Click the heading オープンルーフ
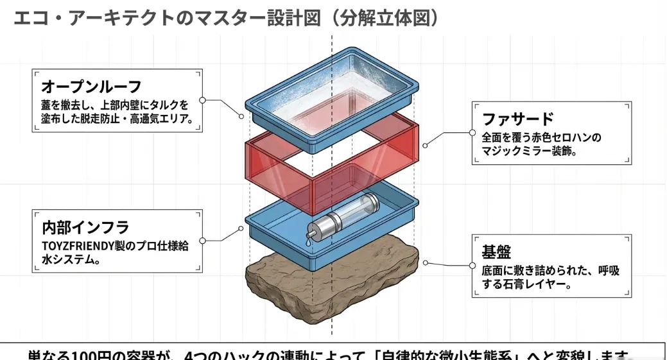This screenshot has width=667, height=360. tap(91, 87)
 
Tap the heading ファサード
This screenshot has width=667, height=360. tap(517, 119)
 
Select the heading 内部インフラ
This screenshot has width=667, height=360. tap(85, 227)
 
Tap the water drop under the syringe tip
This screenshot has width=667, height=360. tap(309, 243)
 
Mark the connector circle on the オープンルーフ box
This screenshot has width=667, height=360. tap(203, 101)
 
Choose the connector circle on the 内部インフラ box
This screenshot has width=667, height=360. tap(203, 241)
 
